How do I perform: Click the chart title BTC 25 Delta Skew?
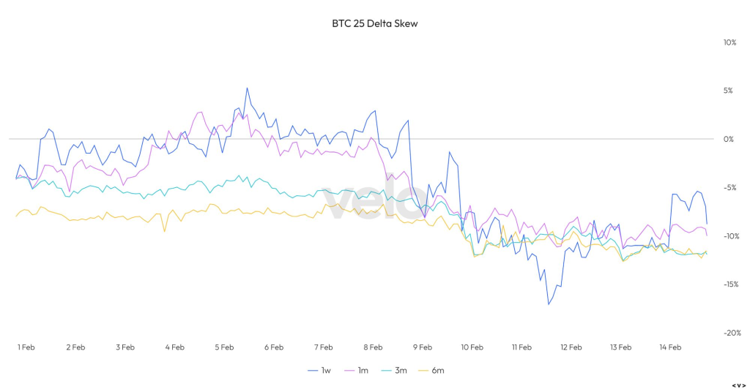tap(374, 23)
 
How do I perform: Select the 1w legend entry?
tap(321, 370)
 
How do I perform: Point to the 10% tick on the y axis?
tap(729, 42)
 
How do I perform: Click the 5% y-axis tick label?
tap(729, 91)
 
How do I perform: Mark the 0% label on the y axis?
tap(729, 139)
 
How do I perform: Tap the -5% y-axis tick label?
tap(729, 187)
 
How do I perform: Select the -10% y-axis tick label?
tap(729, 236)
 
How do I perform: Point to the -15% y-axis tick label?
tap(729, 284)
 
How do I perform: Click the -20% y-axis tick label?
tap(729, 333)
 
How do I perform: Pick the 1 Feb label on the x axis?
tap(26, 347)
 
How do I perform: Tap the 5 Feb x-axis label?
tap(223, 347)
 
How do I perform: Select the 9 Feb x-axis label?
tap(422, 347)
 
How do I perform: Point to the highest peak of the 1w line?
tap(247, 88)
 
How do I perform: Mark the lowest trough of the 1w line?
tap(548, 304)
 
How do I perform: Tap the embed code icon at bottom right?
tap(738, 385)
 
